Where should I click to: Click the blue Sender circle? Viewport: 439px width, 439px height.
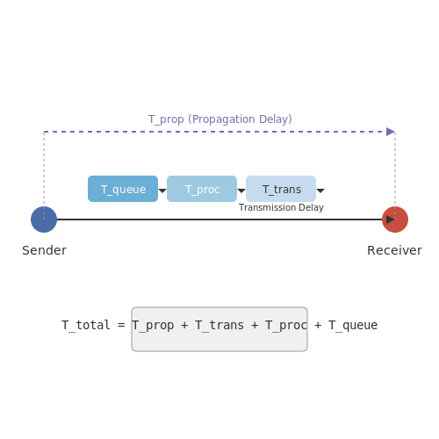pyautogui.click(x=44, y=219)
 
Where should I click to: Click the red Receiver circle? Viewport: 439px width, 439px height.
pyautogui.click(x=395, y=219)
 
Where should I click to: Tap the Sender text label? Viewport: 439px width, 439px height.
pyautogui.click(x=45, y=250)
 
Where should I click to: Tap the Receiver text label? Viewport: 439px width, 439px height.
pyautogui.click(x=394, y=250)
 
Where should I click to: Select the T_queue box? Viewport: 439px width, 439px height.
pyautogui.click(x=123, y=189)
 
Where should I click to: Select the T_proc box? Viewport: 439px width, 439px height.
pyautogui.click(x=202, y=189)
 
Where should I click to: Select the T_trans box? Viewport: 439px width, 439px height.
pyautogui.click(x=281, y=189)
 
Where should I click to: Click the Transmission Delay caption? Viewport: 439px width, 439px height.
pyautogui.click(x=281, y=207)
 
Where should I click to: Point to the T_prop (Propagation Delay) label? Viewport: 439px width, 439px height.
pyautogui.click(x=220, y=119)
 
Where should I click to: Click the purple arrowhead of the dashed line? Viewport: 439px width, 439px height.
pyautogui.click(x=391, y=132)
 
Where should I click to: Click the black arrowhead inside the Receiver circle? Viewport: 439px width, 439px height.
pyautogui.click(x=391, y=219)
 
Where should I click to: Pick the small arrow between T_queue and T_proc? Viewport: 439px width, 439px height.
pyautogui.click(x=162, y=191)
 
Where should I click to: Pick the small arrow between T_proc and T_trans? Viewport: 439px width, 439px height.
pyautogui.click(x=241, y=191)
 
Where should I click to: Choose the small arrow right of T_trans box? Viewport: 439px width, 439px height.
pyautogui.click(x=320, y=191)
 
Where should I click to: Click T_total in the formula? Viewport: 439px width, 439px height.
pyautogui.click(x=86, y=326)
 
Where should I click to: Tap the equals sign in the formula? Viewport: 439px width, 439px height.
pyautogui.click(x=121, y=325)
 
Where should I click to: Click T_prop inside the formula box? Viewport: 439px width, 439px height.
pyautogui.click(x=153, y=326)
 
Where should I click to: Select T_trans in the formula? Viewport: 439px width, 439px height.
pyautogui.click(x=219, y=326)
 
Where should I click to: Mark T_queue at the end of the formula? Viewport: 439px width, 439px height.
pyautogui.click(x=353, y=326)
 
